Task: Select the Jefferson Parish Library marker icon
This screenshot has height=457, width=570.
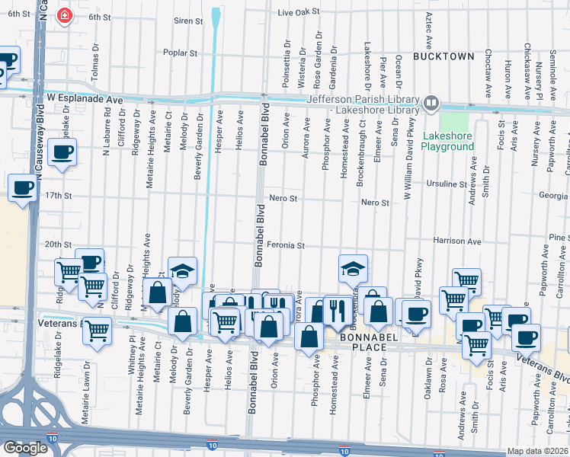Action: coord(431,101)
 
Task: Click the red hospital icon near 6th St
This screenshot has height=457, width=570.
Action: coord(66,14)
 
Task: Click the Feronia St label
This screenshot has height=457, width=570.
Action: coord(286,245)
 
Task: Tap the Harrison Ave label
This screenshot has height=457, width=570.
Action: coord(457,241)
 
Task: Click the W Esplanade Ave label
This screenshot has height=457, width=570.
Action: coord(84,99)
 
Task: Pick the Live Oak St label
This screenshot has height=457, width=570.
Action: coord(297,13)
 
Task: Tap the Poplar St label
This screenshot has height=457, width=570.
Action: coord(181,53)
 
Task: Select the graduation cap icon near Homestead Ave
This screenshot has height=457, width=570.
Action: coord(354,267)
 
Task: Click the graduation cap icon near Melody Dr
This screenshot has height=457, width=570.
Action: coord(182,270)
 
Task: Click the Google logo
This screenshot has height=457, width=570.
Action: coord(24,448)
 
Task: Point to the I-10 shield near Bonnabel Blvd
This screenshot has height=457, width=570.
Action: coord(215,441)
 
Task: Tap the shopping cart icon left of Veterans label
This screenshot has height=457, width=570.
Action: coord(97,330)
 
